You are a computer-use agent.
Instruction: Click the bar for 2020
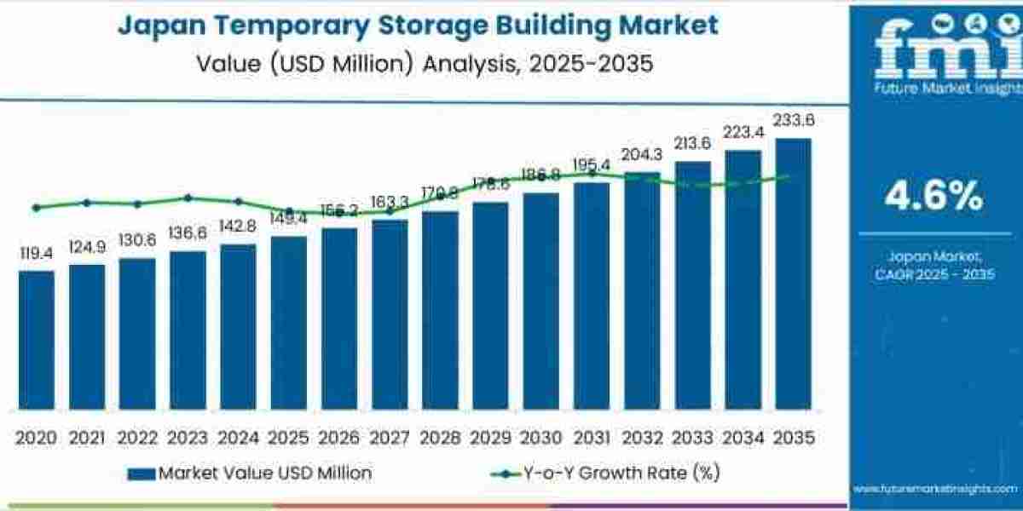pyautogui.click(x=36, y=341)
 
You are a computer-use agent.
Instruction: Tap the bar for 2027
pyautogui.click(x=390, y=315)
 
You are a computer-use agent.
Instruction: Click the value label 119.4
pyautogui.click(x=36, y=253)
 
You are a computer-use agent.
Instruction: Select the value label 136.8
pyautogui.click(x=188, y=233)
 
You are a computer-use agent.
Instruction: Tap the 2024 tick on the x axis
pyautogui.click(x=238, y=437)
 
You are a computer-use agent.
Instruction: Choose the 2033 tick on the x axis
pyautogui.click(x=692, y=437)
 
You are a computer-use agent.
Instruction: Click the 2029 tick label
pyautogui.click(x=490, y=437)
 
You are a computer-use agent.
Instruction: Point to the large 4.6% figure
pyautogui.click(x=933, y=197)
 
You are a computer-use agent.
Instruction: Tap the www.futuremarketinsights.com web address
pyautogui.click(x=936, y=488)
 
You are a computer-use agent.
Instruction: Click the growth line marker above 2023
pyautogui.click(x=188, y=198)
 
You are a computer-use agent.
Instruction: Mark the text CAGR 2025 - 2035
pyautogui.click(x=933, y=274)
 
